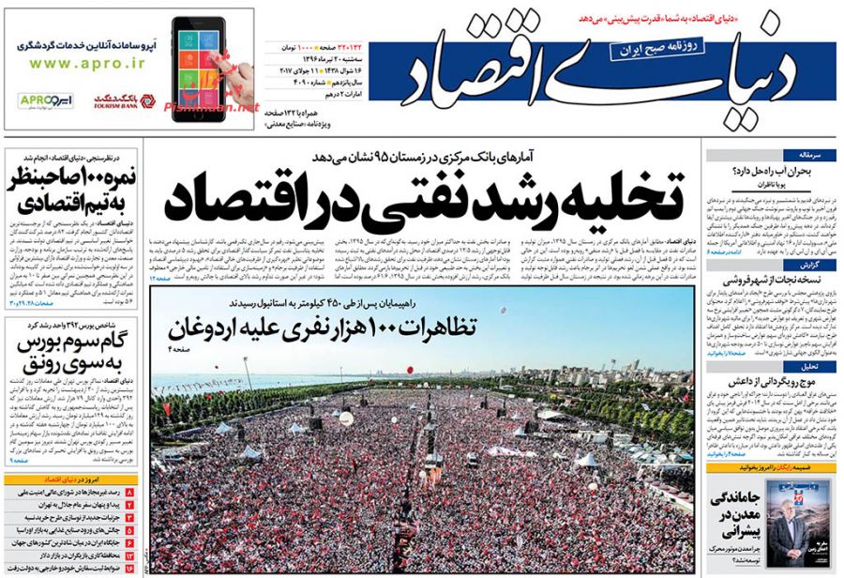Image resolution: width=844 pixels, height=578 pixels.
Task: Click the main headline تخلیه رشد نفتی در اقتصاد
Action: [426, 195]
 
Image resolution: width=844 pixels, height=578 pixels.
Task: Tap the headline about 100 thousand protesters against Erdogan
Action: [323, 328]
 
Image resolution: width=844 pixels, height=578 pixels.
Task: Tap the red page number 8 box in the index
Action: [129, 493]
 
